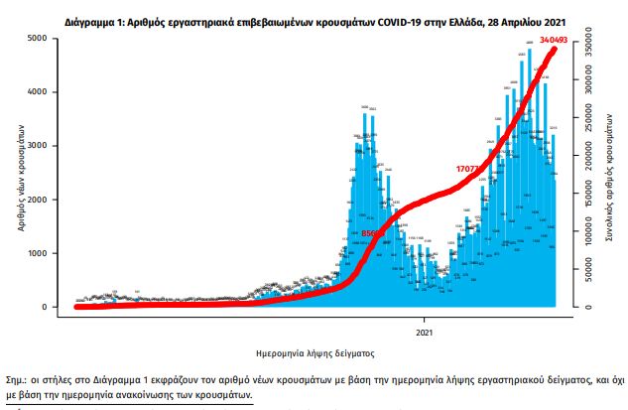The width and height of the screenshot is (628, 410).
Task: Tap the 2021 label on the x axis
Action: tap(424, 330)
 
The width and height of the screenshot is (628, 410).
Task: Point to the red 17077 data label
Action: tap(470, 168)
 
